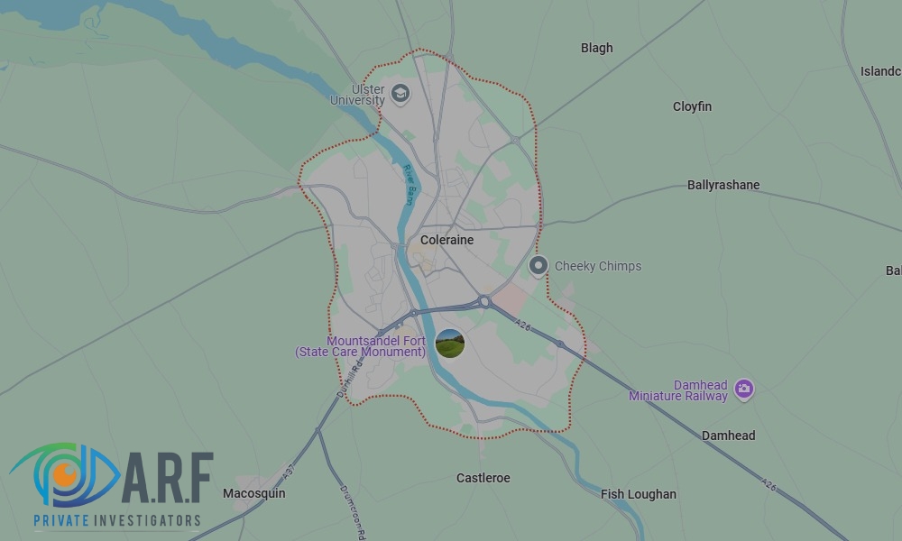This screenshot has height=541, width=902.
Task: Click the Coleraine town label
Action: coord(446,241)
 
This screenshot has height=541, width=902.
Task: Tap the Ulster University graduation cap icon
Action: coord(400,92)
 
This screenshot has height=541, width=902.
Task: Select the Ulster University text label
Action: coord(357,95)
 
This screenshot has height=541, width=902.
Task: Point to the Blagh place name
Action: coord(596,49)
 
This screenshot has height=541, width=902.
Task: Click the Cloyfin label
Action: coord(692,106)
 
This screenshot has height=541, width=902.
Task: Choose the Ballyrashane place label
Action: coord(723,185)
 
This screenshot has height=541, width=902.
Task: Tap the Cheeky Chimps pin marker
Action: coord(538,265)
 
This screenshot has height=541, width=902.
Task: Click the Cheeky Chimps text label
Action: coord(598,266)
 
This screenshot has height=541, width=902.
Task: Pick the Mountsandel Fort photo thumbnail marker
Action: coord(449,343)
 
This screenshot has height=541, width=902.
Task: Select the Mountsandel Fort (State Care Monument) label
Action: coord(361,346)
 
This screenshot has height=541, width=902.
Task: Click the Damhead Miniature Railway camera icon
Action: coord(744,389)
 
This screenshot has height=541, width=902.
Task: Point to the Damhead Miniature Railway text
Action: coord(678,390)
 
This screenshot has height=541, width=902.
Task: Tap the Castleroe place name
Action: coord(483,478)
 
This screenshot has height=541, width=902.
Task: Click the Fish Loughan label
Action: coord(639,494)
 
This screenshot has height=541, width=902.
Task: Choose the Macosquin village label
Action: coord(254,493)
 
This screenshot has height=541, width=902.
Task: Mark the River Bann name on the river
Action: coord(409,185)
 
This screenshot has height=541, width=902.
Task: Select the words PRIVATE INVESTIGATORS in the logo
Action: coord(116,520)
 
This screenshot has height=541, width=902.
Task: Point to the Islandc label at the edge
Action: coord(880,71)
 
